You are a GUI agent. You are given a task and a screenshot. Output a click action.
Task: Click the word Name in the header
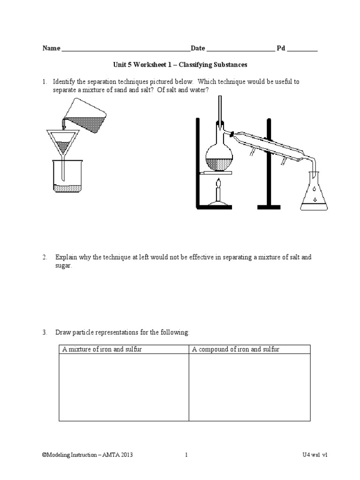(x=52, y=48)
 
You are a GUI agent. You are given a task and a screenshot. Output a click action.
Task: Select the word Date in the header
(x=198, y=48)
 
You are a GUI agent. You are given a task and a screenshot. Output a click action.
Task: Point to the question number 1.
(x=45, y=82)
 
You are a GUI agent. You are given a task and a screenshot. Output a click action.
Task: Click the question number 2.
(x=45, y=257)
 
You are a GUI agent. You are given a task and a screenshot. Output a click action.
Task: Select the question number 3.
(x=45, y=332)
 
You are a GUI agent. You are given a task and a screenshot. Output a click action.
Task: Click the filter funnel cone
(x=63, y=142)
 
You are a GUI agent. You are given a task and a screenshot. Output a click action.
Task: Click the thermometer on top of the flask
(x=219, y=110)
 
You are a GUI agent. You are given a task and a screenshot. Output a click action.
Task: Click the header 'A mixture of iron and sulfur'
(x=102, y=349)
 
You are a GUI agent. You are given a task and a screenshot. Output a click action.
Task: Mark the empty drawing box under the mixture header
(x=124, y=387)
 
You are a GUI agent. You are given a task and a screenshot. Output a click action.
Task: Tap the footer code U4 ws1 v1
(x=315, y=455)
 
